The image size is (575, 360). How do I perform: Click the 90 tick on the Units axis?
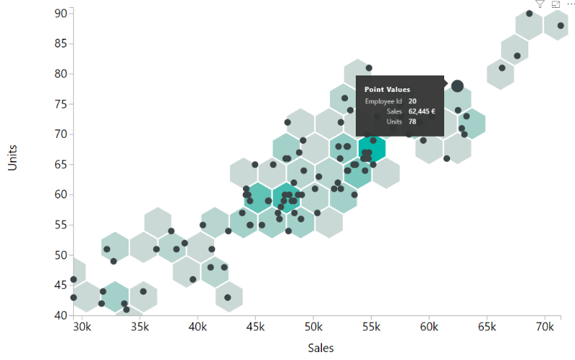click(60, 13)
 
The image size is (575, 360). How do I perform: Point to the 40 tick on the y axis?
click(60, 315)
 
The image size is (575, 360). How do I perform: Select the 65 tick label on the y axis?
click(60, 164)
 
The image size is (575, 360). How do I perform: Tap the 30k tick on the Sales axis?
click(82, 326)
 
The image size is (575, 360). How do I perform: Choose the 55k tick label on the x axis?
click(371, 326)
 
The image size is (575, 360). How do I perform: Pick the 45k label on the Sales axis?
click(255, 326)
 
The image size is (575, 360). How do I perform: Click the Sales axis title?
click(321, 348)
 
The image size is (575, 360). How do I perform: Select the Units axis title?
click(12, 157)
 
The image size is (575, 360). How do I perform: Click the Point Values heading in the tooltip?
click(387, 89)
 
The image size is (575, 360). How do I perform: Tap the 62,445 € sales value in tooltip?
click(422, 111)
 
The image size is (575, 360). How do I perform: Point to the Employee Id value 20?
click(412, 101)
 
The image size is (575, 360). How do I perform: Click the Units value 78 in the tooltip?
click(412, 122)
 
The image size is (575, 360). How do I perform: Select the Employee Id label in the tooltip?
click(384, 101)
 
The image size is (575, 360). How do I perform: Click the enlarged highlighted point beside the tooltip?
click(457, 86)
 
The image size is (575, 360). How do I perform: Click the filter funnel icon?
click(540, 4)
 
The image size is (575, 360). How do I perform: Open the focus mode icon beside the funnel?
click(556, 4)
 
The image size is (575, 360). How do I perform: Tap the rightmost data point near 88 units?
click(561, 26)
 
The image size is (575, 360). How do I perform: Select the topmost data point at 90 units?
click(530, 14)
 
